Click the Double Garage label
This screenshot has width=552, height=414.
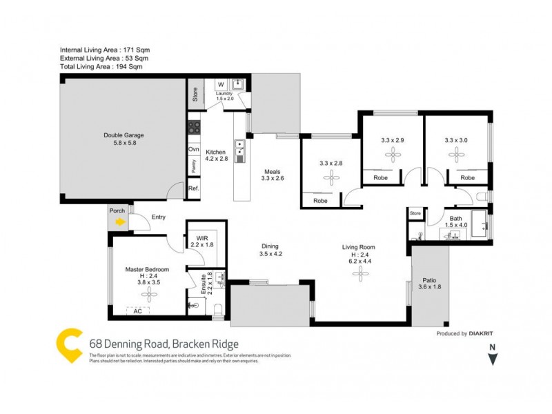click(124, 135)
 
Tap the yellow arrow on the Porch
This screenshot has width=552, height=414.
click(120, 222)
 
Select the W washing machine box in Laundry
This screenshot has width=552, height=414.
click(221, 85)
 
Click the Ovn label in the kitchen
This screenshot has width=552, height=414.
click(194, 149)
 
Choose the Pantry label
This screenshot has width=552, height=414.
click(194, 166)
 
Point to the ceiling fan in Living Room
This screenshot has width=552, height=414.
click(358, 275)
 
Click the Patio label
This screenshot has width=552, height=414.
click(429, 281)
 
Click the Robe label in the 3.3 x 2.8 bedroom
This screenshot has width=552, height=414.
click(320, 201)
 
